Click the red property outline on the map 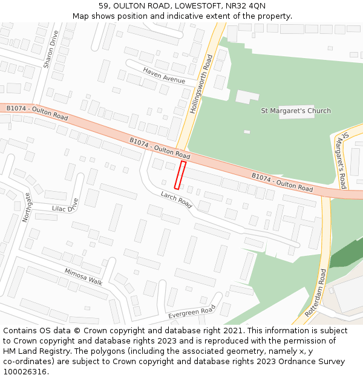pos(180,175)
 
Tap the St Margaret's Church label pos(295,111)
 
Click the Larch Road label pos(176,200)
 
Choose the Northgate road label pos(27,207)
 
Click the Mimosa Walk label pos(83,276)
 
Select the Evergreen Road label pos(191,312)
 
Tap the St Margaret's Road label pos(342,160)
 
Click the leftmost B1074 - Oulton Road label pos(37,112)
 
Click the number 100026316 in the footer pos(24,371)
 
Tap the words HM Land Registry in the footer pos(31,351)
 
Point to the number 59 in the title pos(103,5)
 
